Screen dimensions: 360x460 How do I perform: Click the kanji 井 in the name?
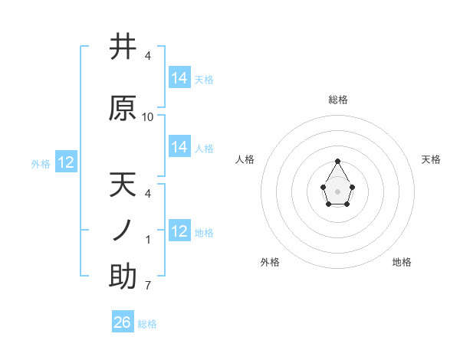(123, 47)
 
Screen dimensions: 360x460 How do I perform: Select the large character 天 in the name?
(123, 185)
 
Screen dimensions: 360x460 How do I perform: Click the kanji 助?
(123, 276)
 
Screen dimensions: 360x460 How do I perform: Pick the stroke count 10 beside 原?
(148, 117)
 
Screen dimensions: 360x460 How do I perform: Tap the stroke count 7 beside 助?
(148, 286)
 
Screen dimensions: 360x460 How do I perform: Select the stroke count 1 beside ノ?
(148, 240)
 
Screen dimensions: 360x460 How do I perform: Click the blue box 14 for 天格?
(179, 77)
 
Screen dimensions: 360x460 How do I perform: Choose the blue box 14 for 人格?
(179, 147)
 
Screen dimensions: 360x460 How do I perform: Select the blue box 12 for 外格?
(65, 162)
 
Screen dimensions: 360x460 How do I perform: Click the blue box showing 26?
(123, 322)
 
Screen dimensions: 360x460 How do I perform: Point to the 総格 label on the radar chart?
(338, 100)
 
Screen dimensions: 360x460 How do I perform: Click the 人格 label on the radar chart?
(245, 159)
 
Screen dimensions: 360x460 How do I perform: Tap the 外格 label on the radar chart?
(270, 262)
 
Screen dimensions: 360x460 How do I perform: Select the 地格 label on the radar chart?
(402, 262)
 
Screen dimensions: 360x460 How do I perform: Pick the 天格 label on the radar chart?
(431, 159)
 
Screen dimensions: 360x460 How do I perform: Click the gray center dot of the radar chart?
(338, 190)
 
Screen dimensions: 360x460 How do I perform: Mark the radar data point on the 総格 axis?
(338, 161)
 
